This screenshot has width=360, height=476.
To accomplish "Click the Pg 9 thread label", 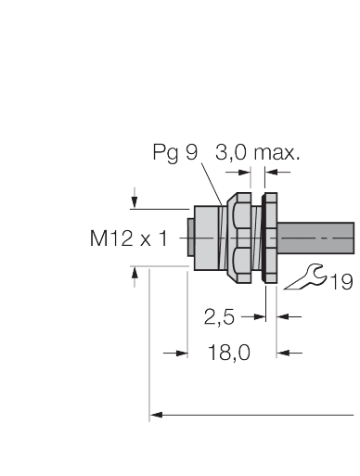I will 174,153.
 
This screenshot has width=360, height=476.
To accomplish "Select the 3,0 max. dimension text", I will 257,153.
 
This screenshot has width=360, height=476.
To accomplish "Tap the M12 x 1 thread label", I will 128,238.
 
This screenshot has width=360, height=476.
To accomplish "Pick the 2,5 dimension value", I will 219,316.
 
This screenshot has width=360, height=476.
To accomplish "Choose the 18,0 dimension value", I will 224,353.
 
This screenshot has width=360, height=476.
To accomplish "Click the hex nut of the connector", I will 240,239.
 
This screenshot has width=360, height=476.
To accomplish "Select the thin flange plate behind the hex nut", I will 270,239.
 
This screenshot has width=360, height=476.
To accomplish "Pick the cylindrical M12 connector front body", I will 206,238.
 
